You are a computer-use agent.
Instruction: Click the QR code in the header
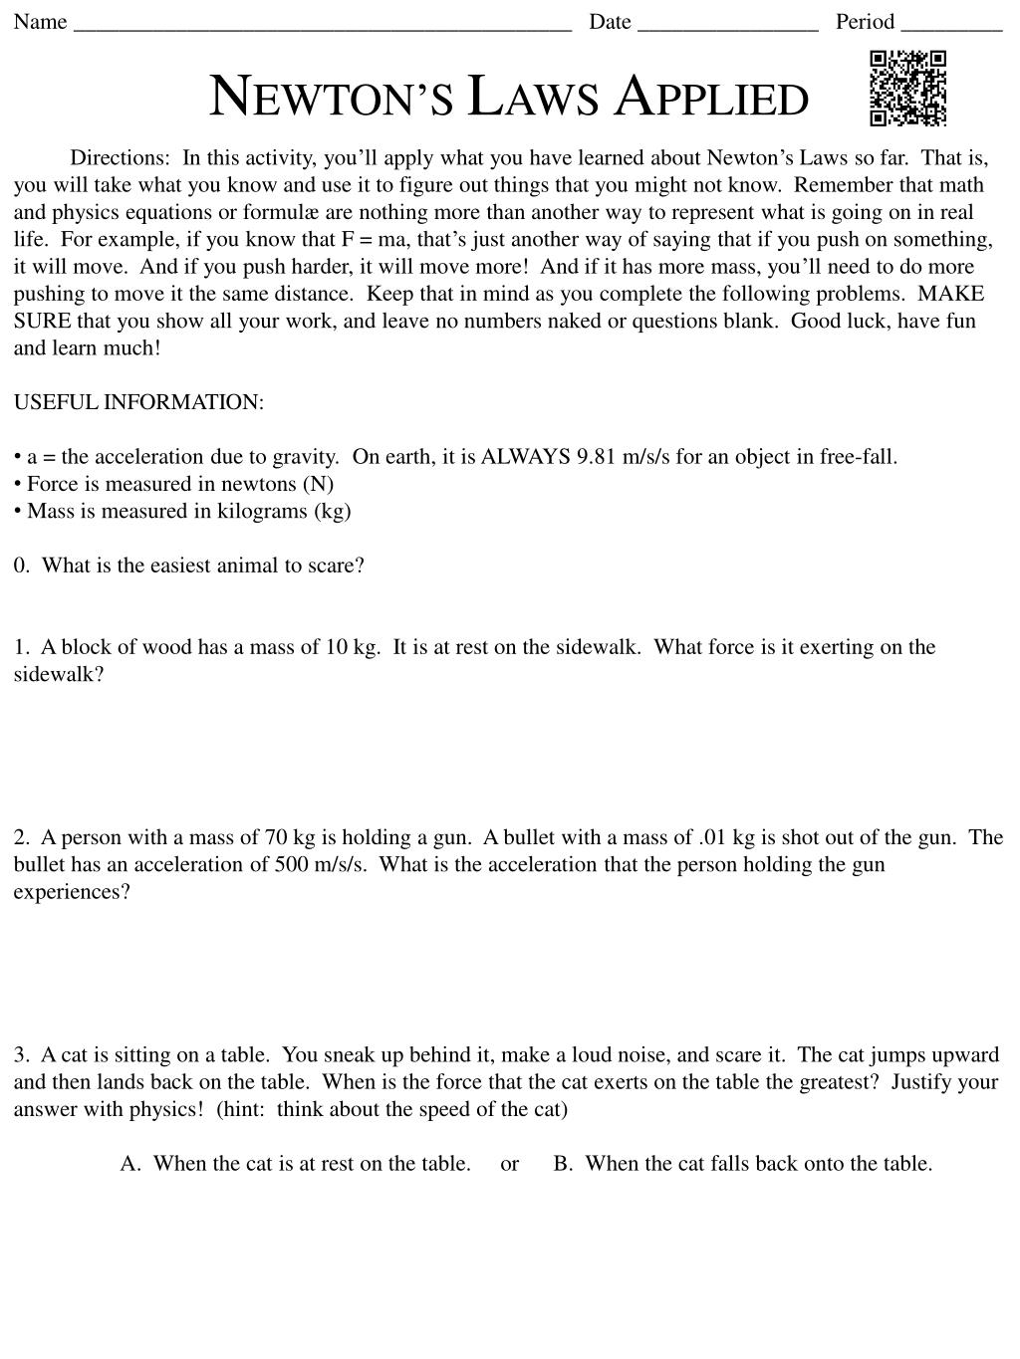pyautogui.click(x=907, y=89)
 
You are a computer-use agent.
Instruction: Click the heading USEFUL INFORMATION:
pyautogui.click(x=138, y=402)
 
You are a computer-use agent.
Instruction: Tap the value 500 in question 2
pyautogui.click(x=291, y=864)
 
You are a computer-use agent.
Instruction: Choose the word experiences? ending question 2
pyautogui.click(x=72, y=891)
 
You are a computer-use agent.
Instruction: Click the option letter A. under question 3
pyautogui.click(x=130, y=1164)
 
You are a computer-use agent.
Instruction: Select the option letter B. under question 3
pyautogui.click(x=564, y=1164)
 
